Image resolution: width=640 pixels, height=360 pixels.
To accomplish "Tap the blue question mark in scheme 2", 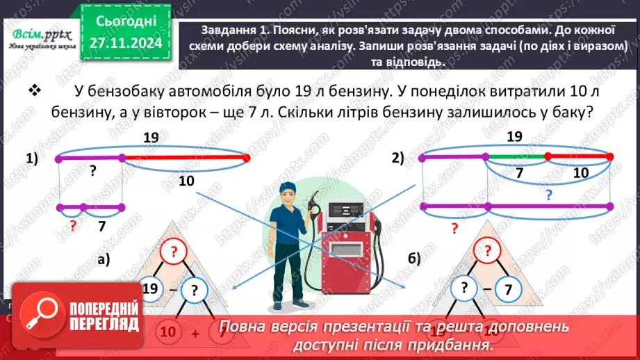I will (548, 196).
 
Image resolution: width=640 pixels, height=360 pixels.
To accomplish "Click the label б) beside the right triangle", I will (415, 259).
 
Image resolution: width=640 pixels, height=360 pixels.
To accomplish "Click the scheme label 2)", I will (397, 158).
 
